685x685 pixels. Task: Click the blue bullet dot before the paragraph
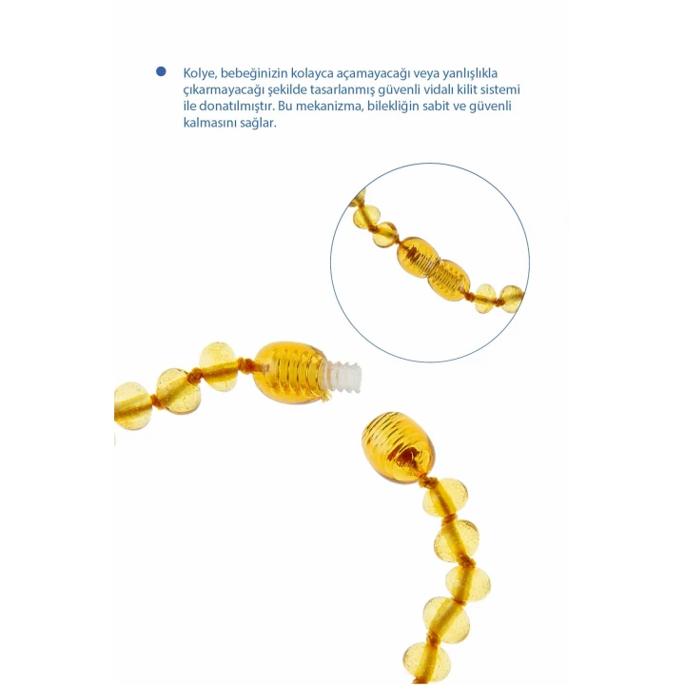(161, 71)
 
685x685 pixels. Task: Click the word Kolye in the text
(200, 74)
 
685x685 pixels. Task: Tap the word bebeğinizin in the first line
(254, 74)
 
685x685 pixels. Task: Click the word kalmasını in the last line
(209, 123)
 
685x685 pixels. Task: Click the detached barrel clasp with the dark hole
(398, 447)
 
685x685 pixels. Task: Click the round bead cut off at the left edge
(130, 406)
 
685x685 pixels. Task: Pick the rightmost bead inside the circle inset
(511, 299)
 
